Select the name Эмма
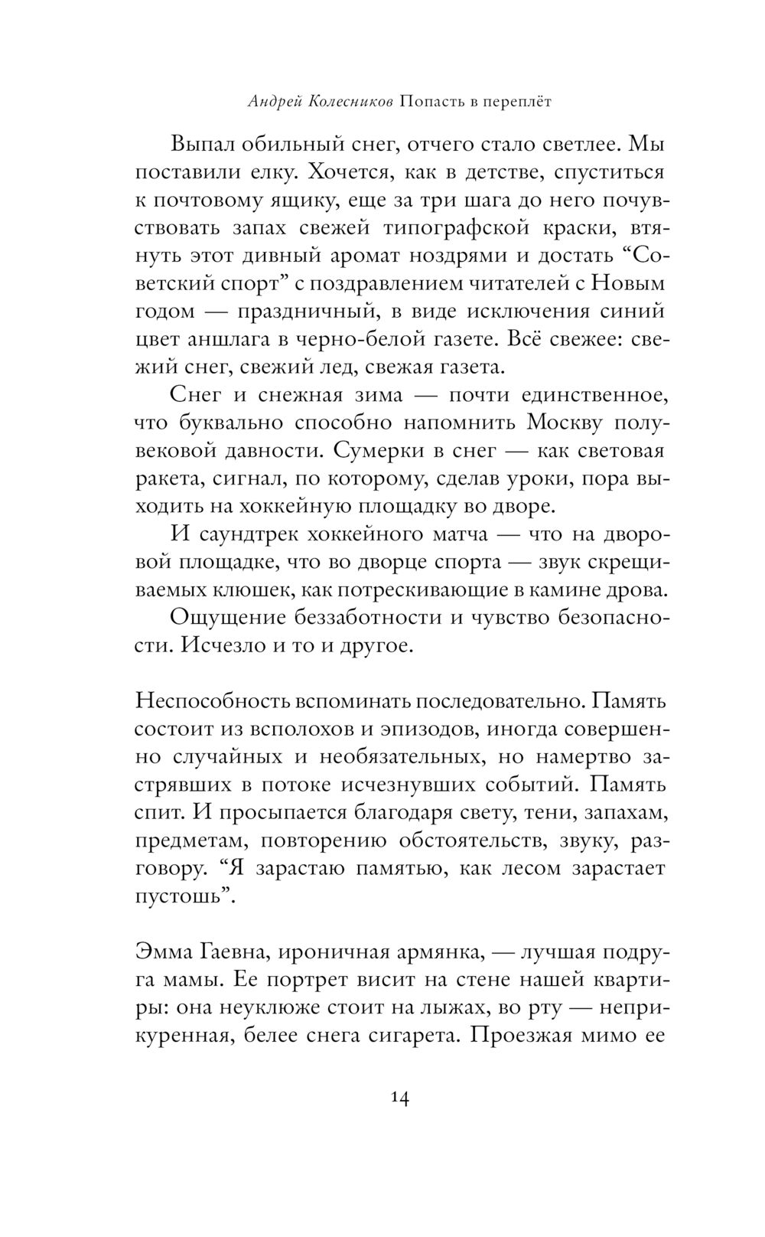pos(164,952)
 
